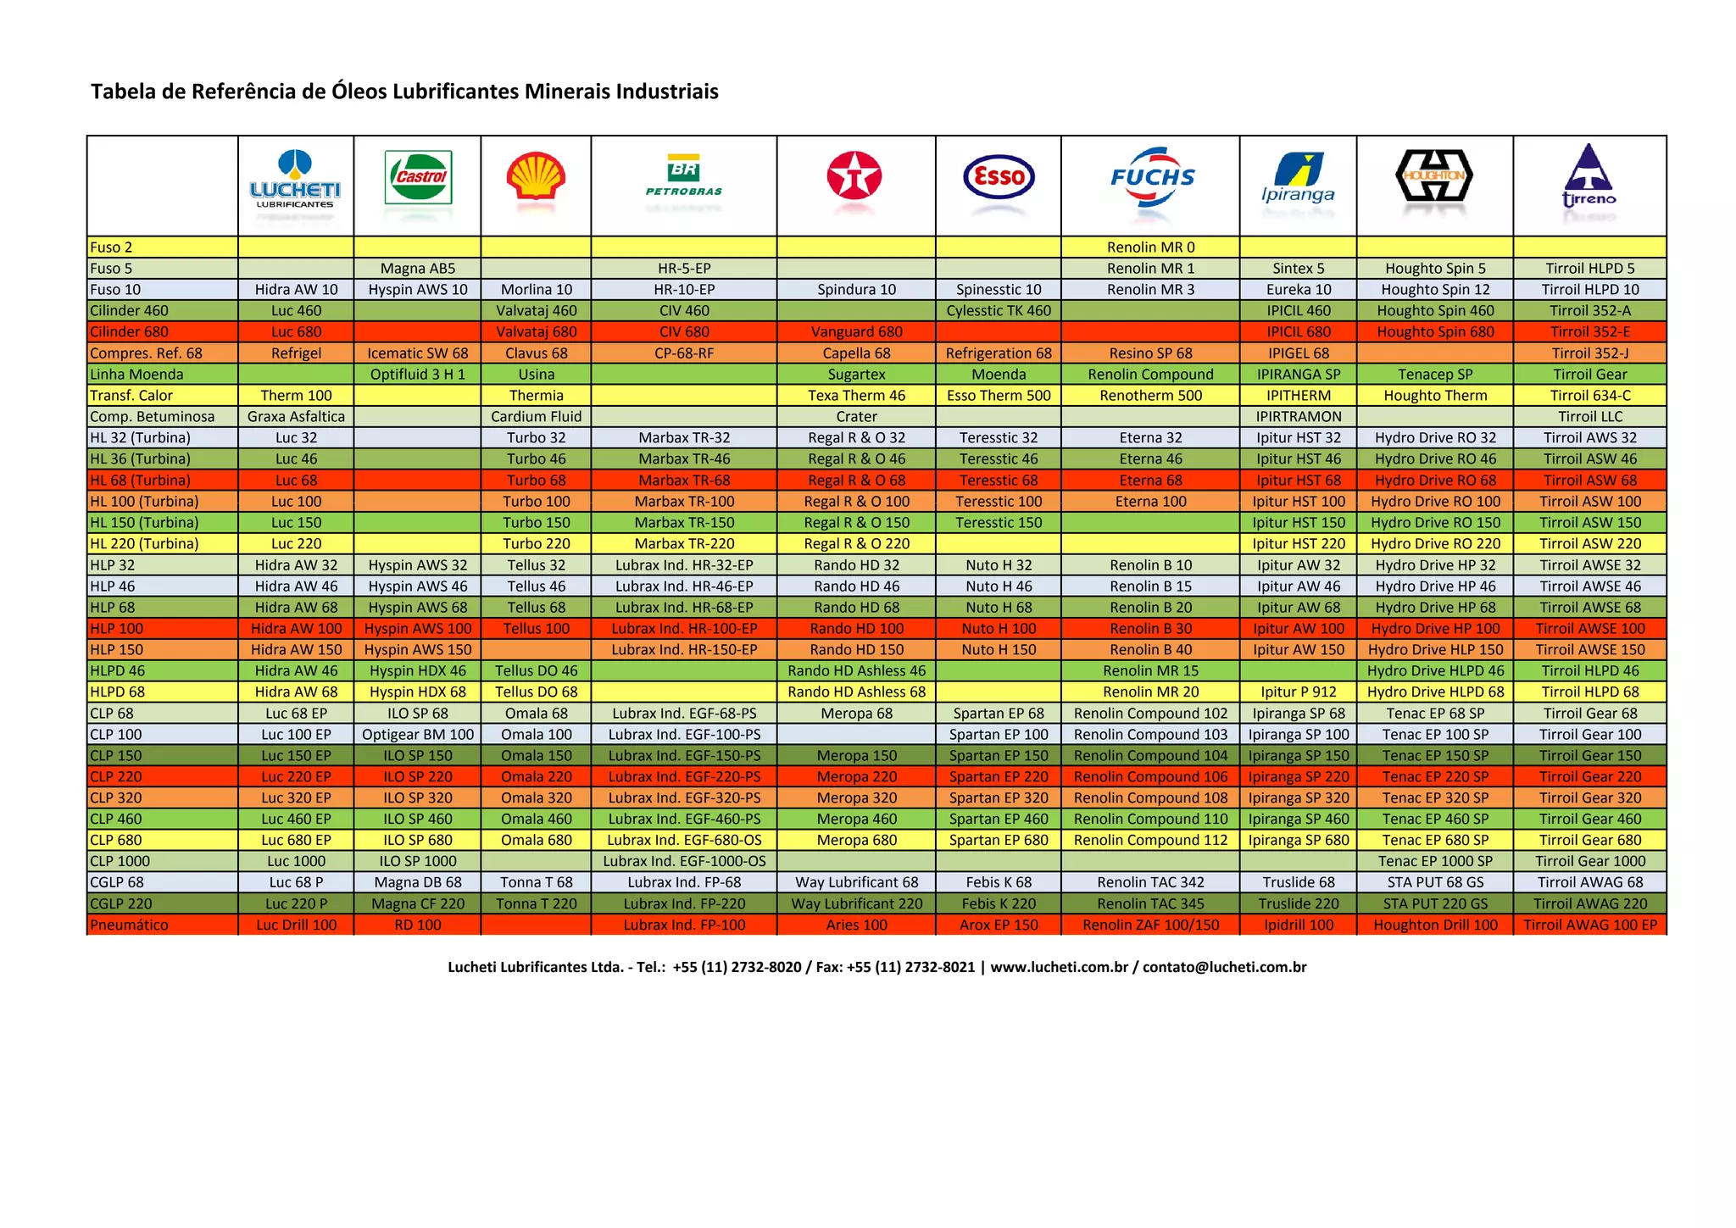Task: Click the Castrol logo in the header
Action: (418, 177)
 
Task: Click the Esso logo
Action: (999, 177)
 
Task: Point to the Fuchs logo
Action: (1151, 177)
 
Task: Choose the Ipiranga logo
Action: (1298, 178)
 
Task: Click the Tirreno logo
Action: (1589, 177)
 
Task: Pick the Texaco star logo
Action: (854, 177)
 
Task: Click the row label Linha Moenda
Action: (136, 375)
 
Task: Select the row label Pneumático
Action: (130, 925)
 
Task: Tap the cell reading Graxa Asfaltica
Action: (296, 417)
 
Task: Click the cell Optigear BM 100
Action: (418, 735)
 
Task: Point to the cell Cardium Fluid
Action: (537, 417)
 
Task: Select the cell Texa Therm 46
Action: (856, 396)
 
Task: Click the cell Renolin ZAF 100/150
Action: (1150, 925)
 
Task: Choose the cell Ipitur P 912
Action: (1298, 692)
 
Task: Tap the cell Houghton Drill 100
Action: (1435, 925)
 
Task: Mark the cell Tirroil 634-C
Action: (1590, 396)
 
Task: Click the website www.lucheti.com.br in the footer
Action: (1059, 967)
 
